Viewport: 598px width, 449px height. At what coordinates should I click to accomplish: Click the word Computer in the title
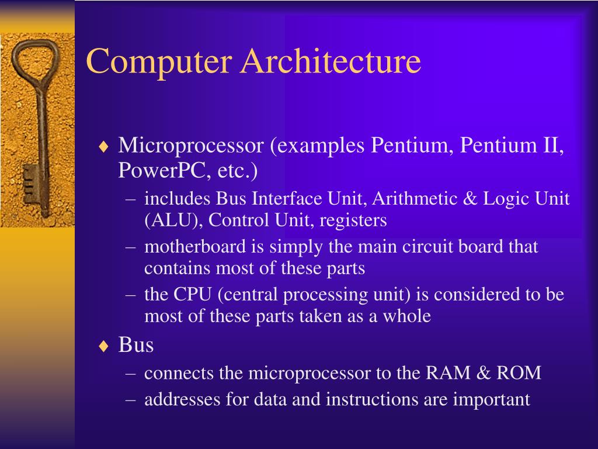click(159, 63)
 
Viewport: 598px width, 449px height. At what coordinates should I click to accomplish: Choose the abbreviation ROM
click(519, 372)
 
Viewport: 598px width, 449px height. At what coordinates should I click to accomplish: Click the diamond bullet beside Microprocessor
click(103, 147)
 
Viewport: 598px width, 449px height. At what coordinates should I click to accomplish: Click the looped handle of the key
click(34, 62)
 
